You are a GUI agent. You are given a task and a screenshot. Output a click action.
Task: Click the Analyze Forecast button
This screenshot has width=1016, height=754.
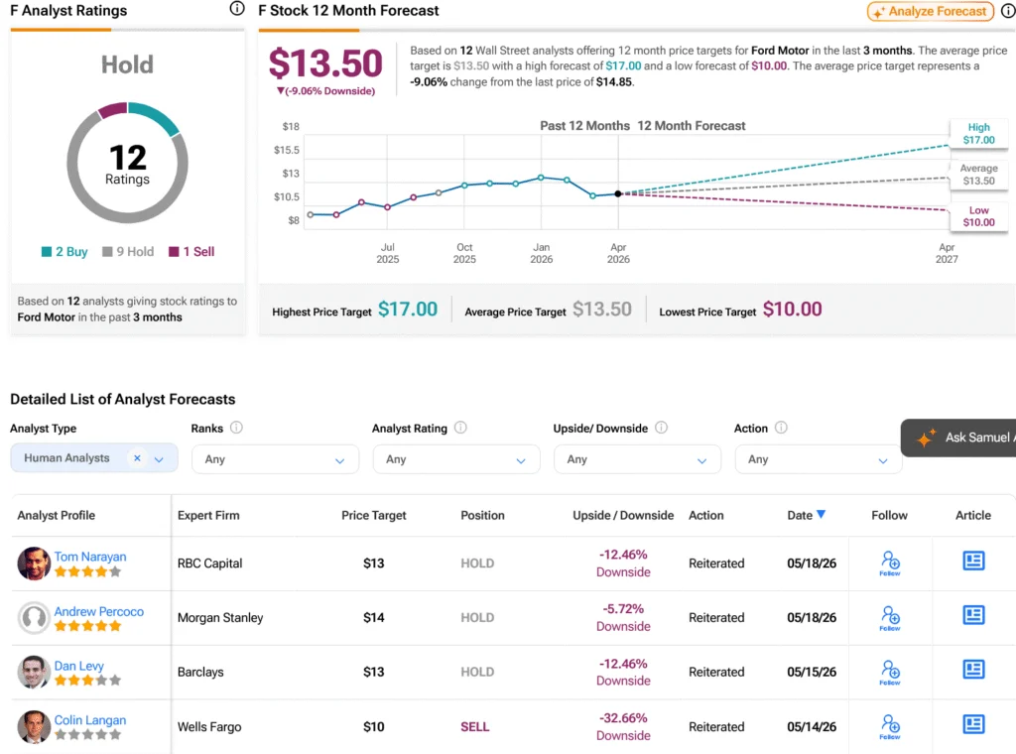931,11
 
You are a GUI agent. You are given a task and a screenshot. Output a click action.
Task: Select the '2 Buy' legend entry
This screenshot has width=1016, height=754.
64,251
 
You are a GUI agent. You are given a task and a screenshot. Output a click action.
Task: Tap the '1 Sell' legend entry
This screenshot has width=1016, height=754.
191,251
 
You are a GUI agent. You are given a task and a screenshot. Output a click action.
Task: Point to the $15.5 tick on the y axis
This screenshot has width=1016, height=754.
287,150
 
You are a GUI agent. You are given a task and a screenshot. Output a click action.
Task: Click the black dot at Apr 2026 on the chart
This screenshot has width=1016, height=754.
618,193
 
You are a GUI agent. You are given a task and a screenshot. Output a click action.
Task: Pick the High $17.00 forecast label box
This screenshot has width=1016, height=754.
978,134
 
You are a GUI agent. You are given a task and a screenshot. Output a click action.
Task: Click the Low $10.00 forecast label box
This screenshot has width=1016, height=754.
978,216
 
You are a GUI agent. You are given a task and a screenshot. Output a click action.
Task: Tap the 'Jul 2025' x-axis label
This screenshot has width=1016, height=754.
388,253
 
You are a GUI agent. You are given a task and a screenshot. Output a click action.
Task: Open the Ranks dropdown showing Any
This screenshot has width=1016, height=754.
275,459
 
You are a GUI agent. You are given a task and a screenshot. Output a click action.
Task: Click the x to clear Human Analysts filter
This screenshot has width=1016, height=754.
137,458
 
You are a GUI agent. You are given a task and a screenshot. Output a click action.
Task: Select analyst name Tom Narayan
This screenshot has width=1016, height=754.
90,557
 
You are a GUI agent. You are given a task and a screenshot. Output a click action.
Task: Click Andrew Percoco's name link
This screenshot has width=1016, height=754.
98,611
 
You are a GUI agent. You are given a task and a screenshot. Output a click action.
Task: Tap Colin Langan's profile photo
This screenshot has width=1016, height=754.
34,726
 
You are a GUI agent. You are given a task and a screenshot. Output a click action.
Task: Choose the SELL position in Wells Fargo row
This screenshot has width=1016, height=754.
475,727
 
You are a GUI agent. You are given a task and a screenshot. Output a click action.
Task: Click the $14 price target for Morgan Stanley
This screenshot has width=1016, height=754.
374,617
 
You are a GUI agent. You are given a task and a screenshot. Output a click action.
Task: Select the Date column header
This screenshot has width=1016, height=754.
806,515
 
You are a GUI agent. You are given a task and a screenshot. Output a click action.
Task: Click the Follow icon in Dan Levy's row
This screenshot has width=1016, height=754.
890,672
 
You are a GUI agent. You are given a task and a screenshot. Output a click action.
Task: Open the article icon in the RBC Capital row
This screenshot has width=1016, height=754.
973,561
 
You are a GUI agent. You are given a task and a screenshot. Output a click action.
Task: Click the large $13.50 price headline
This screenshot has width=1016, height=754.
325,63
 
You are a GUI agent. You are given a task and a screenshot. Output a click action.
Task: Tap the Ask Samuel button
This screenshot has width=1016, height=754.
958,438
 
